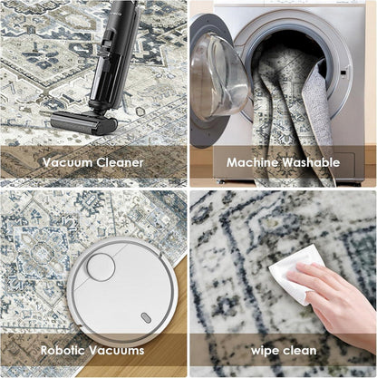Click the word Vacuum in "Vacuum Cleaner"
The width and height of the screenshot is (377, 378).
tap(67, 162)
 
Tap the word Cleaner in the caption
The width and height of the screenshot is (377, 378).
tap(120, 162)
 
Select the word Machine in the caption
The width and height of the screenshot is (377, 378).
tap(253, 162)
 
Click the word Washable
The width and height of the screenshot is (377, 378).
tap(311, 162)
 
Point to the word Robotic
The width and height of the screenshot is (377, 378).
tap(63, 351)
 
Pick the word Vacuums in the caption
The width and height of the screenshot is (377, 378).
tap(117, 351)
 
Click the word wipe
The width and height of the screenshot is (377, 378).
tap(266, 352)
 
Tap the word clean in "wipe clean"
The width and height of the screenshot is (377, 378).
tap(300, 351)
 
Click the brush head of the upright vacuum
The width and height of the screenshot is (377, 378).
tap(83, 122)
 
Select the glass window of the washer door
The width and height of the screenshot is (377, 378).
tap(218, 75)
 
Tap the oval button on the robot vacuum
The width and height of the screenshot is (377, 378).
tap(146, 317)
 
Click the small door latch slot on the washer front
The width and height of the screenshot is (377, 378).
tap(343, 73)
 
